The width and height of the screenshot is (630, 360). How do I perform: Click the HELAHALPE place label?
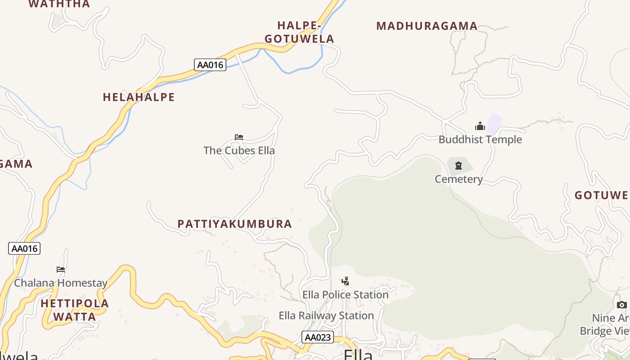click(139, 97)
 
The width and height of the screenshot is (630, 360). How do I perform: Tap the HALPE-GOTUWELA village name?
click(299, 32)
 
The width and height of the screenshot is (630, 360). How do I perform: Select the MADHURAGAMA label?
click(427, 26)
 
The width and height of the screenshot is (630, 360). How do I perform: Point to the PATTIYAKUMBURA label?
click(234, 224)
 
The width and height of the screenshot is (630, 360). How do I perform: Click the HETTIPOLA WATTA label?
click(75, 310)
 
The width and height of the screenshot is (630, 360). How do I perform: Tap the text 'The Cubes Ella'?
click(239, 150)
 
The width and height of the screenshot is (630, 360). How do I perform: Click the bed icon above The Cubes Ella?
click(239, 137)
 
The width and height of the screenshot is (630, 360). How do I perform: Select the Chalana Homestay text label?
click(61, 283)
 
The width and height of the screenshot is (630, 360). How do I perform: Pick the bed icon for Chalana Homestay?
click(61, 270)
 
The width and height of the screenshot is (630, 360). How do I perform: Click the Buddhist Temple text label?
click(480, 139)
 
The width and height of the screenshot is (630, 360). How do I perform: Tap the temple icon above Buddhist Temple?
click(480, 126)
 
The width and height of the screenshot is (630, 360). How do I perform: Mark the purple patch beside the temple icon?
click(495, 124)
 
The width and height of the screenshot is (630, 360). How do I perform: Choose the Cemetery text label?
click(459, 179)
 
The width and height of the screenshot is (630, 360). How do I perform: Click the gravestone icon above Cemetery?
click(459, 166)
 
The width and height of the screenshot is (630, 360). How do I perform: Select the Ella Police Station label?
click(345, 295)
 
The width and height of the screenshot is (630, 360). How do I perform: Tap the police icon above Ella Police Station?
click(345, 281)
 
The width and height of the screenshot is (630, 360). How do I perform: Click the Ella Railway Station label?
click(326, 315)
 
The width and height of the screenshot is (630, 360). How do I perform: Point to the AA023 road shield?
click(317, 337)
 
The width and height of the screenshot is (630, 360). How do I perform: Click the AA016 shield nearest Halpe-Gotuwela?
click(210, 65)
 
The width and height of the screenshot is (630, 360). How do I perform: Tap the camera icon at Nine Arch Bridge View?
click(621, 305)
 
